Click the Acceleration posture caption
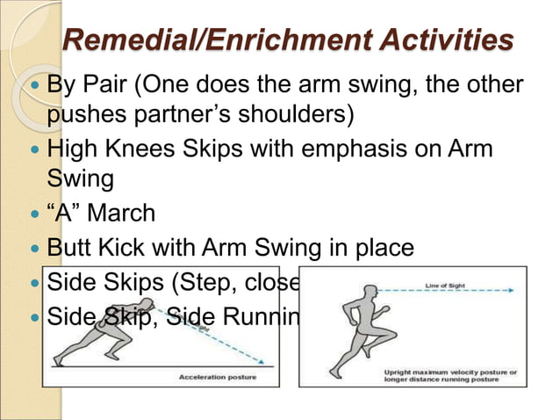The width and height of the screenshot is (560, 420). tap(219, 377)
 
